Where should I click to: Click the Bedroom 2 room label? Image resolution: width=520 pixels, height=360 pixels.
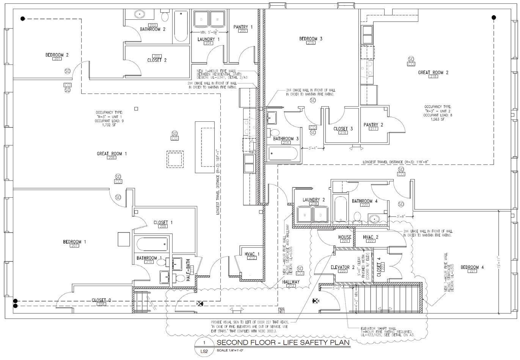[x=57, y=55]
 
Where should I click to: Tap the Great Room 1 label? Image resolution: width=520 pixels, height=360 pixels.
[x=112, y=154]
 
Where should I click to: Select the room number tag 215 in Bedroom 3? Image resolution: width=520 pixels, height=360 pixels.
[x=311, y=43]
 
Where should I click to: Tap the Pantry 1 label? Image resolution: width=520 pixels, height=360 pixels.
[x=243, y=27]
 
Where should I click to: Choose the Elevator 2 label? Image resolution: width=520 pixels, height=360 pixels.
[x=342, y=267]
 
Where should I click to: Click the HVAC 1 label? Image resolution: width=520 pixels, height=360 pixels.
[x=252, y=254]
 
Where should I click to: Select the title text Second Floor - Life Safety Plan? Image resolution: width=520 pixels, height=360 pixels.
[x=283, y=343]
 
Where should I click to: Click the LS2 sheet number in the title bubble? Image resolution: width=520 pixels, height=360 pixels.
[x=204, y=351]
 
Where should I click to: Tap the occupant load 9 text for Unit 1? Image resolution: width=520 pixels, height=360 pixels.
[x=109, y=121]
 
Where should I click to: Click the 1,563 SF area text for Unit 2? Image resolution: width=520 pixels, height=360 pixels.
[x=438, y=119]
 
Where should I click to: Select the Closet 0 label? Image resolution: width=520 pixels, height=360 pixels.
[x=101, y=300]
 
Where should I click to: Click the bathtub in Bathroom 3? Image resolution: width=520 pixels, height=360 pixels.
[x=283, y=154]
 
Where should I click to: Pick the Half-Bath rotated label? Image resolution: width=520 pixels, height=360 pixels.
[x=188, y=270]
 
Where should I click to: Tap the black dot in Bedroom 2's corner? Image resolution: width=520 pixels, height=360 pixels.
[x=23, y=18]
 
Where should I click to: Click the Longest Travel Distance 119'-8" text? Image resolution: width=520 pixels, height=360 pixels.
[x=396, y=162]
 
